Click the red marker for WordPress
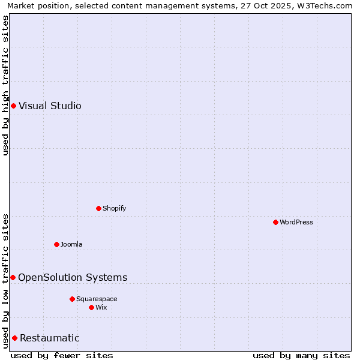275,222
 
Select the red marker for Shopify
98,208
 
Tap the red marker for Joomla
56,244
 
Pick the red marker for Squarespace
72,299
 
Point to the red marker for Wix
91,307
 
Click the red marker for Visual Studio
13,106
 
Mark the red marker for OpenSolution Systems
13,277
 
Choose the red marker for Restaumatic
14,338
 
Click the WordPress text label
296,222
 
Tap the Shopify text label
114,208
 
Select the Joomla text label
71,244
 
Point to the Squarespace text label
97,299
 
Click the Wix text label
101,307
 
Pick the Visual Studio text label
50,106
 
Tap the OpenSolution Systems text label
73,277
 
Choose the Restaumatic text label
50,338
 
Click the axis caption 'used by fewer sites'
62,355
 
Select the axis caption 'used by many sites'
301,355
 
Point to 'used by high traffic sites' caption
5,85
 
